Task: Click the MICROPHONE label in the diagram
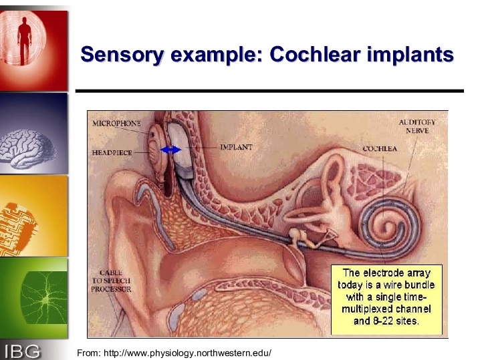tap(116, 124)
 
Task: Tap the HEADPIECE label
tap(112, 153)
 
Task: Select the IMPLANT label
tap(237, 147)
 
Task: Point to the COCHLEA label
tap(380, 149)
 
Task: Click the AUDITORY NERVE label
tap(417, 126)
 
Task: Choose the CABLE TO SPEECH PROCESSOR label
tap(111, 281)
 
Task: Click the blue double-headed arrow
tap(171, 150)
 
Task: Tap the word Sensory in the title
tap(122, 55)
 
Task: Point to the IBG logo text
tap(22, 351)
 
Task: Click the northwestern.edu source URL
tap(187, 353)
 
